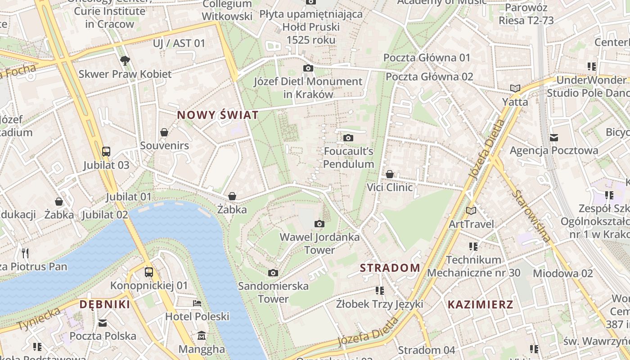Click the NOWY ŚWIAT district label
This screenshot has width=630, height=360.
pos(218,115)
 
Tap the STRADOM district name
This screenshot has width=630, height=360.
pos(390,268)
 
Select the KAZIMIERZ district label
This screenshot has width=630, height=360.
pos(480,305)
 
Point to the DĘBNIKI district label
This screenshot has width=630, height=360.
pos(105,305)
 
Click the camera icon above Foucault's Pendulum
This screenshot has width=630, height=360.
pos(348,138)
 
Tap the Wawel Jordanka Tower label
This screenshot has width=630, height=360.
pos(319,243)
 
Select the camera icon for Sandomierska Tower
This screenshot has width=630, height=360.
pos(273,273)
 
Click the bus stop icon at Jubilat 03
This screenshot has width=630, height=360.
pos(106,152)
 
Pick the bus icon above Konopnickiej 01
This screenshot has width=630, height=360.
pos(149,272)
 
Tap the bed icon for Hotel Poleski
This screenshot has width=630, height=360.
pos(197,303)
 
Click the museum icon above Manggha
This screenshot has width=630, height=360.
pos(202,336)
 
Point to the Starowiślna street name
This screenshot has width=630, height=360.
pos(531,216)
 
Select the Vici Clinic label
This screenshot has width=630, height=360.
pos(390,187)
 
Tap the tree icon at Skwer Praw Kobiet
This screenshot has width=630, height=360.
pos(125,61)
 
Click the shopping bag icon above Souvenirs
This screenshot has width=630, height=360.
pos(164,132)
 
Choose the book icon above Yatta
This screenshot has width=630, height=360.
pos(515,88)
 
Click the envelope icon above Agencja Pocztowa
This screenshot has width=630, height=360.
pos(554,137)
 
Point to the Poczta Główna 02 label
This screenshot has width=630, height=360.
pos(429,76)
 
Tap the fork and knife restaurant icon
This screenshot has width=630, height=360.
pos(25,253)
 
